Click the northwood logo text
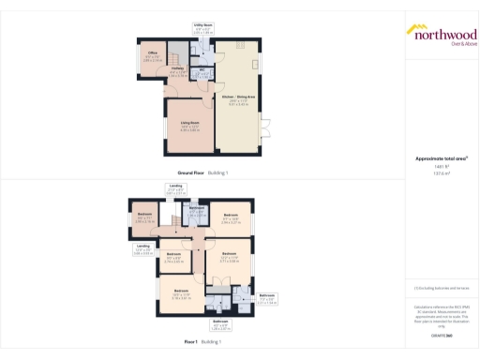click(x=441, y=32)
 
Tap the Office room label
click(x=151, y=53)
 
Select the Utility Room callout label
click(x=202, y=29)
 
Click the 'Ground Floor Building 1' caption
click(x=203, y=172)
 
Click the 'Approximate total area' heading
click(x=441, y=158)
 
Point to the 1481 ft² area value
click(x=441, y=167)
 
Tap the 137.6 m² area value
click(x=441, y=174)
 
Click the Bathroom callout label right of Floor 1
click(x=267, y=297)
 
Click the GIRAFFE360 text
click(x=441, y=335)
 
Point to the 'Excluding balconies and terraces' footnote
click(x=441, y=288)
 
